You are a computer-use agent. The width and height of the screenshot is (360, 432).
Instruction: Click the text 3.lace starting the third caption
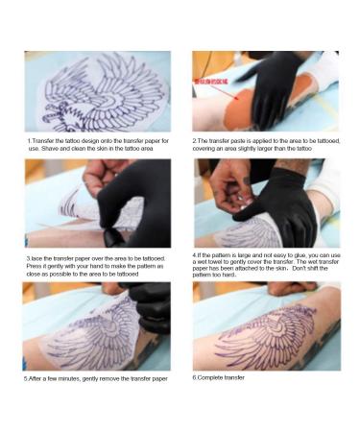tap(35, 258)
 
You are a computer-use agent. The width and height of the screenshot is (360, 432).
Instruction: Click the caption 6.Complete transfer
tap(219, 377)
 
